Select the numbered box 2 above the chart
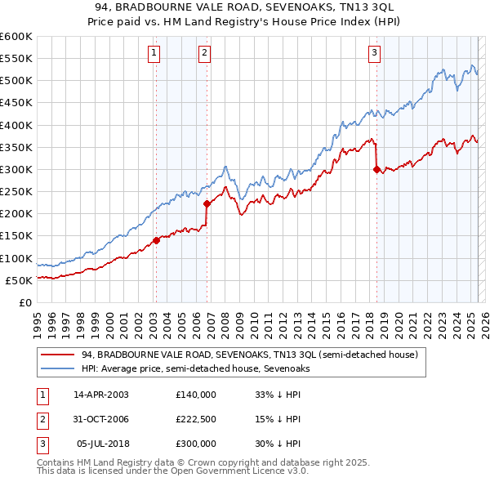204,54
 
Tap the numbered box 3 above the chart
374,54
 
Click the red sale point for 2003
155,240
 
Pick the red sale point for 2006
207,204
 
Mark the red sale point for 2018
376,170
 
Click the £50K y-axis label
19,280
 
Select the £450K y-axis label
16,103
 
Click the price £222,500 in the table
196,419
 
